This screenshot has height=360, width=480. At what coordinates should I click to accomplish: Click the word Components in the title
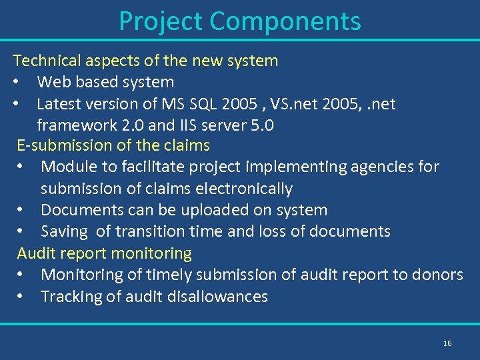[285, 21]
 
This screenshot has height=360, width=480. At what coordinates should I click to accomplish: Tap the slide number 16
[447, 343]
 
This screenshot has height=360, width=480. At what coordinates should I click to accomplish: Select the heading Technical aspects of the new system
[145, 61]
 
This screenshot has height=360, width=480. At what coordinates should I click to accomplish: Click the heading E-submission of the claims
[113, 145]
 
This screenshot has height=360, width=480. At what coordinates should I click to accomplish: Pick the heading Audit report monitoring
[104, 253]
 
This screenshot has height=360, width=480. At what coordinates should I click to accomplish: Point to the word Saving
[64, 231]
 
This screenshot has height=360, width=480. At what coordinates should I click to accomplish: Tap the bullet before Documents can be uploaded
[22, 210]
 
